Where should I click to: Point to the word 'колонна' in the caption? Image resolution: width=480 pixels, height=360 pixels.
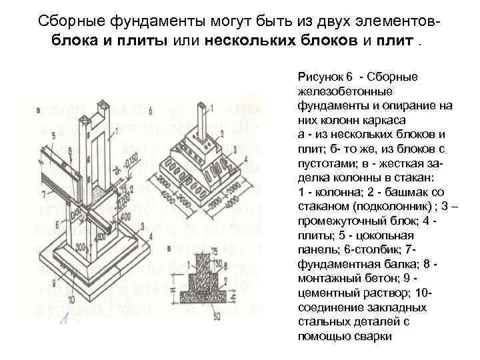[x=331, y=192]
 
